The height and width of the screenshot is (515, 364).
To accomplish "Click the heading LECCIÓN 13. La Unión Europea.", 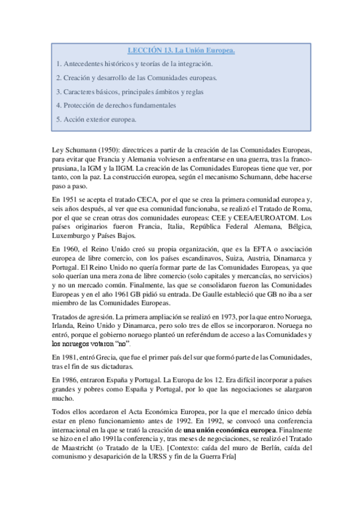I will [181, 50].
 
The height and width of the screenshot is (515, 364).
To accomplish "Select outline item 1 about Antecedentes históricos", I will [134, 64].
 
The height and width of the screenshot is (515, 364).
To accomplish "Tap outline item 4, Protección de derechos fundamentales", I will [115, 105].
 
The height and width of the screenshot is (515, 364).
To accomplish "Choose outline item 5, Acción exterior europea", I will [95, 119].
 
